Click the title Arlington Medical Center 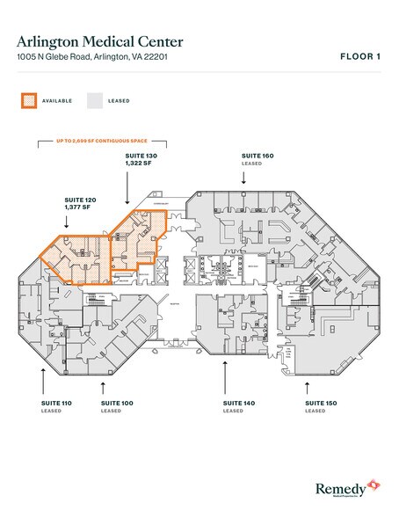pyautogui.click(x=99, y=41)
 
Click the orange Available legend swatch pyautogui.click(x=29, y=101)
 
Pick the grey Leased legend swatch pyautogui.click(x=94, y=101)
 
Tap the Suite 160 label pyautogui.click(x=258, y=155)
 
